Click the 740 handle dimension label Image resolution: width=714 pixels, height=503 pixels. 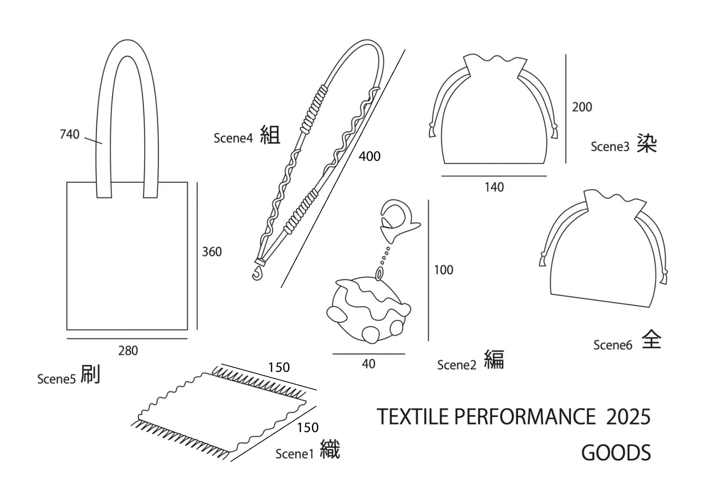pyautogui.click(x=69, y=135)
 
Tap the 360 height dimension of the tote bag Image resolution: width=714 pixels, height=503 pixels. pyautogui.click(x=212, y=252)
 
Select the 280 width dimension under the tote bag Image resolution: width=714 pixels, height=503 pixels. pyautogui.click(x=128, y=351)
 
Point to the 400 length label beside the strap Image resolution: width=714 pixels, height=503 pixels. pyautogui.click(x=369, y=156)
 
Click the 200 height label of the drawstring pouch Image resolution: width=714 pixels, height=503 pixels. pyautogui.click(x=582, y=107)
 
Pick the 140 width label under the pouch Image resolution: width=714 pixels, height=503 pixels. pyautogui.click(x=494, y=187)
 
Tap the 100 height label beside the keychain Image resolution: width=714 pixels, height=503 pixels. pyautogui.click(x=443, y=270)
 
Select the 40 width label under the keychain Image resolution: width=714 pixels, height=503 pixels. pyautogui.click(x=369, y=364)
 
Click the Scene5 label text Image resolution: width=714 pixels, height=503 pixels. pyautogui.click(x=56, y=379)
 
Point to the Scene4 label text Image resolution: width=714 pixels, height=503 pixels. pyautogui.click(x=233, y=138)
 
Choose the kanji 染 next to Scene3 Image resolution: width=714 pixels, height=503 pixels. pyautogui.click(x=647, y=143)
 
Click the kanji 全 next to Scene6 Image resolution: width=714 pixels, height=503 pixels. pyautogui.click(x=651, y=340)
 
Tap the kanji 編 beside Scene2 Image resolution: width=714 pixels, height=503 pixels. pyautogui.click(x=494, y=359)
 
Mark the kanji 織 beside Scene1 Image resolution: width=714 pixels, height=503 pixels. pyautogui.click(x=330, y=450)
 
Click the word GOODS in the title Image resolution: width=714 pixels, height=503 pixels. pyautogui.click(x=616, y=453)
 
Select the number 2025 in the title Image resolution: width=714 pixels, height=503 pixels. pyautogui.click(x=628, y=417)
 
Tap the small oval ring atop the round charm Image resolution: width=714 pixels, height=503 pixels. pyautogui.click(x=379, y=273)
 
